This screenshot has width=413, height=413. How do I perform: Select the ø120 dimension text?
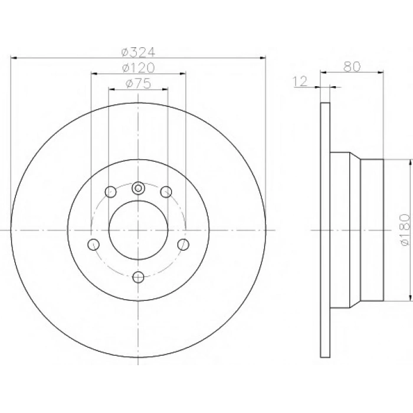click(x=139, y=68)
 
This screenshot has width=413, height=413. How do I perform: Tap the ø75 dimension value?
click(x=139, y=84)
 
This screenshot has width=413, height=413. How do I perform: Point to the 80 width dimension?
click(x=352, y=66)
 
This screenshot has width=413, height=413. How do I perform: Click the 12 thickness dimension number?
click(x=301, y=82)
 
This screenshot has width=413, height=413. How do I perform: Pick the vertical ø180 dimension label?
click(x=404, y=231)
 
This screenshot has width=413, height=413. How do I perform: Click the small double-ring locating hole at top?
click(x=139, y=188)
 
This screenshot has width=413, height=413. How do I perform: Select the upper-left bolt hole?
click(x=110, y=191)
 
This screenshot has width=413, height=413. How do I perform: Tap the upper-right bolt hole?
click(x=166, y=191)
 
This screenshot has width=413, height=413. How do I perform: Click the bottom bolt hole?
click(x=139, y=277)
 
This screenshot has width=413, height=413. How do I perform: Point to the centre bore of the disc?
click(x=139, y=230)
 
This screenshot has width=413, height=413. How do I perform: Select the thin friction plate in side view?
click(x=324, y=230)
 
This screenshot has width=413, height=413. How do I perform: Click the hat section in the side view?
click(x=357, y=230)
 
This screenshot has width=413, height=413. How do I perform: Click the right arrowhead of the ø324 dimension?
click(x=263, y=58)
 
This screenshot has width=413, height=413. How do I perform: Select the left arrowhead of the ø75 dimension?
click(x=112, y=89)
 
